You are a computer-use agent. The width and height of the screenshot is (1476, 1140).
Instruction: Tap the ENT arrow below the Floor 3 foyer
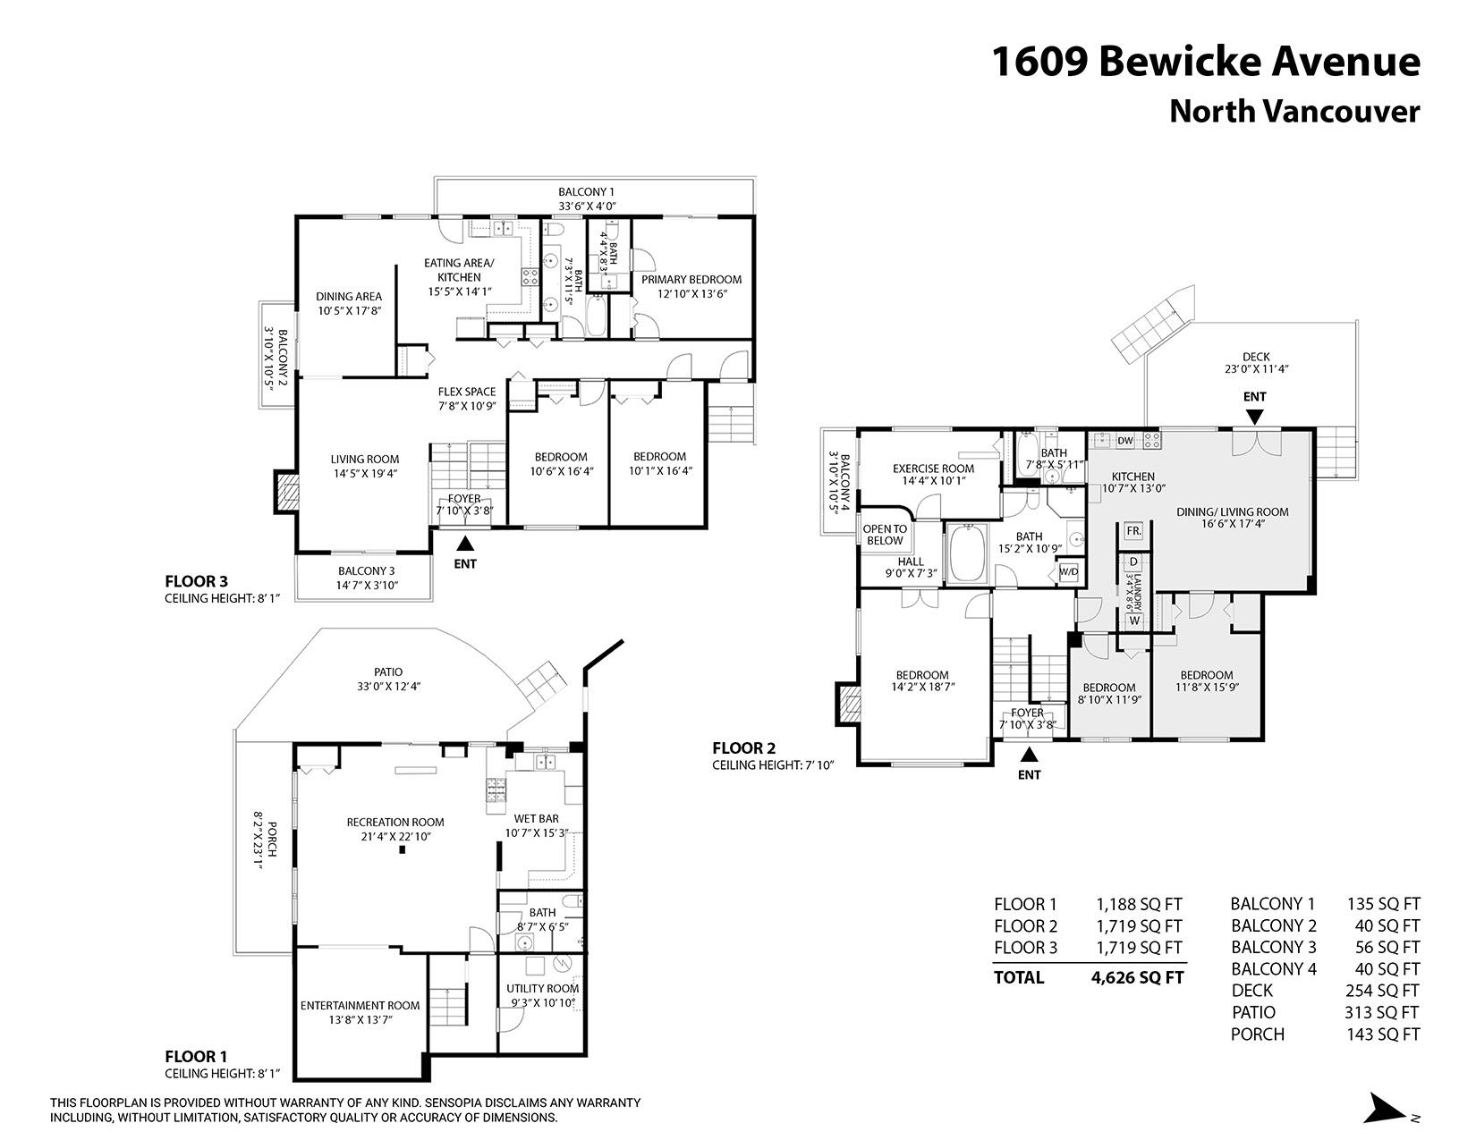[x=464, y=542]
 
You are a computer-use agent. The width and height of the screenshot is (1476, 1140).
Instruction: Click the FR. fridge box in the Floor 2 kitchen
[x=1133, y=530]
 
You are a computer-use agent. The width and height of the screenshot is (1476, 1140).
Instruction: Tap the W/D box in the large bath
[x=1068, y=571]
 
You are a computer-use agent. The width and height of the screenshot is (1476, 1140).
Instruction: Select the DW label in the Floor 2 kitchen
[x=1125, y=440]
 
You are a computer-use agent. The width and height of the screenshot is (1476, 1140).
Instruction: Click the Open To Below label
[x=885, y=535]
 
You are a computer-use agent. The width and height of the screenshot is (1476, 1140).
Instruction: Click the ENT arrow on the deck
[x=1255, y=416]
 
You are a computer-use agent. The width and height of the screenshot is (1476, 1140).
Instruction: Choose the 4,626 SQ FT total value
[x=1137, y=977]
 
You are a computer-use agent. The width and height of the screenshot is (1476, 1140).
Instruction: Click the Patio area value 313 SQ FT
[x=1382, y=1012]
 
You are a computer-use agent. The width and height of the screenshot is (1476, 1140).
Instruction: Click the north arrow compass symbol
[x=1387, y=1108]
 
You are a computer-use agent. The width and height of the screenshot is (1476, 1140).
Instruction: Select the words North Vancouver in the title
[x=1294, y=111]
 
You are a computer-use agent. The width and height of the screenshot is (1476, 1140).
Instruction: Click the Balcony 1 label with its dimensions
[x=586, y=198]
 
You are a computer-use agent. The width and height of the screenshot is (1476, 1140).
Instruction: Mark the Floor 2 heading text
[x=743, y=747]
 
